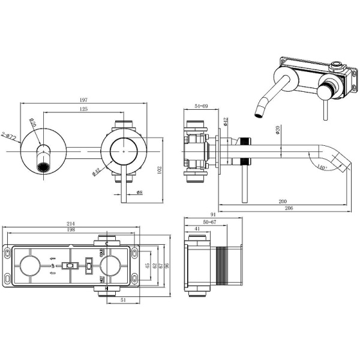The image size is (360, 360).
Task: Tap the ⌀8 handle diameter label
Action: [139, 193]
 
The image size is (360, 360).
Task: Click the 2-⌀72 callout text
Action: [9, 136]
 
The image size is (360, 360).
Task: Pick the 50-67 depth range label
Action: [211, 223]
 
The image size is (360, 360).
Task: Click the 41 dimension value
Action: [199, 230]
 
